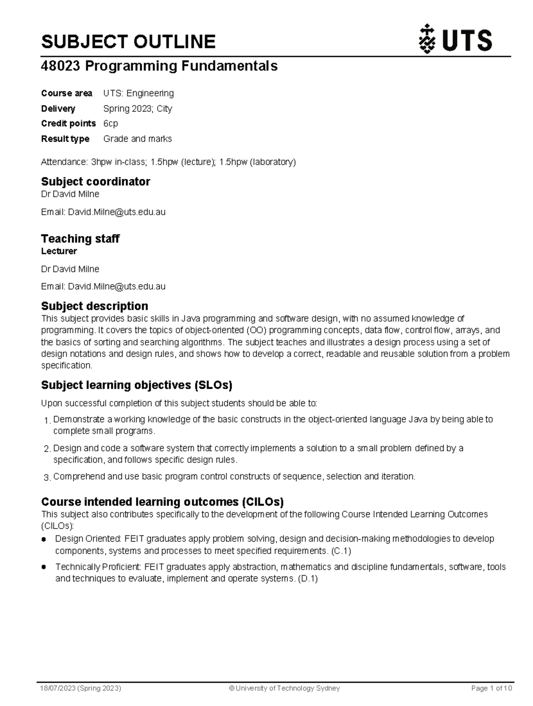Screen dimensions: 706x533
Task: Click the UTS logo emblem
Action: (x=427, y=40)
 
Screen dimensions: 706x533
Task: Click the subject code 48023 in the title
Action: (x=60, y=66)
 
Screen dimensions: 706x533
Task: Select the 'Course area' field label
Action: (x=67, y=93)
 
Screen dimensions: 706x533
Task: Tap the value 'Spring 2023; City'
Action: (x=138, y=109)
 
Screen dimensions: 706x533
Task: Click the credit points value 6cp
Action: (x=111, y=123)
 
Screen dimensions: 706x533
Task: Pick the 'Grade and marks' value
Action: (x=138, y=139)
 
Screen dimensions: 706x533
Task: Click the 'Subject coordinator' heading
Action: (x=95, y=181)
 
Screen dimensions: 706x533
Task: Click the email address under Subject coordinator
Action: (x=117, y=212)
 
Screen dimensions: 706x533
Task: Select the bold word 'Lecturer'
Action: (x=59, y=251)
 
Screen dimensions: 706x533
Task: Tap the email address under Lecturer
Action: (x=117, y=287)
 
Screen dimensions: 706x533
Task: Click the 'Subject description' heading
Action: (x=95, y=306)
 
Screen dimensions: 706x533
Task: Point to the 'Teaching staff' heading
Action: (x=80, y=238)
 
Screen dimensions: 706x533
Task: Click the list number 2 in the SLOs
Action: (x=47, y=449)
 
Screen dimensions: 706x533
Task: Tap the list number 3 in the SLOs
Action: (x=47, y=478)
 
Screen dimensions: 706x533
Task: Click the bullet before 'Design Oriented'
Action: (x=44, y=539)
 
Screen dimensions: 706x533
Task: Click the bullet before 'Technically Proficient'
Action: (x=44, y=567)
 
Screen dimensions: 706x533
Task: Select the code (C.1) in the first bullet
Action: (x=341, y=551)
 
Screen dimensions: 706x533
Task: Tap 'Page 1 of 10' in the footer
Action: (x=491, y=688)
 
